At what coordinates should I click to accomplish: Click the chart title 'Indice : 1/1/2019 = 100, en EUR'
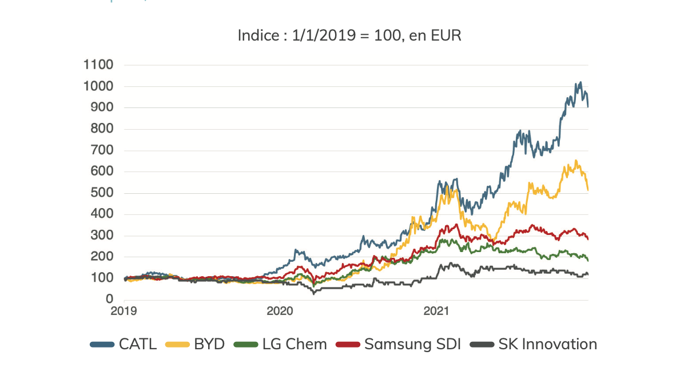(x=349, y=35)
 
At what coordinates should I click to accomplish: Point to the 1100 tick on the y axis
(x=98, y=65)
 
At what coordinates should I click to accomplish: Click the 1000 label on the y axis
(x=98, y=86)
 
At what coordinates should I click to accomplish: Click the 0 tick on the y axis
(x=109, y=300)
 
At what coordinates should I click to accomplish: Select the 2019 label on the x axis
(x=125, y=312)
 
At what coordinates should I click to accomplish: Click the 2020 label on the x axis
(x=280, y=312)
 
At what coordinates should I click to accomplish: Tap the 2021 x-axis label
(x=436, y=312)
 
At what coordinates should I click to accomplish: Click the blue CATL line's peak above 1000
(x=580, y=82)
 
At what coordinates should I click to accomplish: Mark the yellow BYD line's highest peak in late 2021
(x=575, y=161)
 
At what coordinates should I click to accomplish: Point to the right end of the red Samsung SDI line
(x=588, y=239)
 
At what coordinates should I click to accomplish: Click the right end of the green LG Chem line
(x=588, y=260)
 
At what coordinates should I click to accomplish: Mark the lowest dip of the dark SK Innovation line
(x=313, y=293)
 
